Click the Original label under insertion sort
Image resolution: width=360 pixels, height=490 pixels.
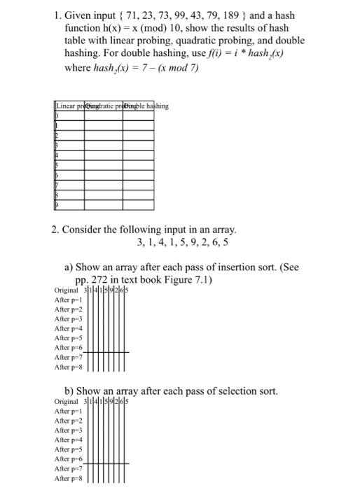point(67,290)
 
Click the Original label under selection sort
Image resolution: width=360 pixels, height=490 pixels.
point(67,402)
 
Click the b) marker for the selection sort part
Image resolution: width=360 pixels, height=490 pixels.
point(69,391)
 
